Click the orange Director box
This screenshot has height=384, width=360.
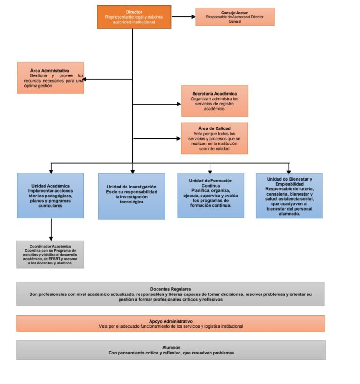[134, 17]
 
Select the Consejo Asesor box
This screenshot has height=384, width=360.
[234, 17]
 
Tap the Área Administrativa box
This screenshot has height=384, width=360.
[51, 78]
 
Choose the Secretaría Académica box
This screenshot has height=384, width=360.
[214, 101]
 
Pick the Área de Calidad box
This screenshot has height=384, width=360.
[214, 138]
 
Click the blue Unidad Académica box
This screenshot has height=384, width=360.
[51, 196]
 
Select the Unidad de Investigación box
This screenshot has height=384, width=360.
[131, 196]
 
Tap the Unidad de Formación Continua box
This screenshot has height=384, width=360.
[210, 195]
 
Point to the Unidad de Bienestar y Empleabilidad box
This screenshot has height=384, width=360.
[289, 196]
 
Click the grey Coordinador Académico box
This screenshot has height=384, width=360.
[50, 254]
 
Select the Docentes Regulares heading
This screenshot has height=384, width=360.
[171, 289]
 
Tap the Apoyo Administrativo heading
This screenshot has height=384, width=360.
[171, 321]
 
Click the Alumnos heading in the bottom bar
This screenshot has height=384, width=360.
[171, 347]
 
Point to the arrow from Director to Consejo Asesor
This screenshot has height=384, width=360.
[183, 17]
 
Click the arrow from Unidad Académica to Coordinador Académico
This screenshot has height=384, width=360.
[51, 229]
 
